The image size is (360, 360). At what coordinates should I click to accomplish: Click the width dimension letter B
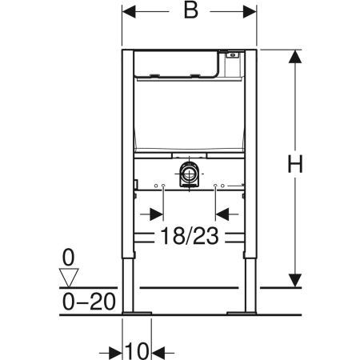[x=191, y=11]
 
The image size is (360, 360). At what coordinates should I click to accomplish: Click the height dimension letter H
[x=295, y=164]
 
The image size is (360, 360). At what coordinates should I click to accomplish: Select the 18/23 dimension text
[x=190, y=235]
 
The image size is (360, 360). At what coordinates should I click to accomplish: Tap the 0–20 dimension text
[x=89, y=302]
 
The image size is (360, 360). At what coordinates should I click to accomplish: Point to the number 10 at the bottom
[x=137, y=351]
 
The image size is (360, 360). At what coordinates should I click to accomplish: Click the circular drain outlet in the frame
[x=190, y=174]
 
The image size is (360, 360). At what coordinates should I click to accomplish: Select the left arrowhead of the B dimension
[x=129, y=11]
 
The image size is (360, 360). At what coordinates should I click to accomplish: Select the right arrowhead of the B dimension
[x=250, y=11]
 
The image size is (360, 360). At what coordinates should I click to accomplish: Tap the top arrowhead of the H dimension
[x=295, y=57]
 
